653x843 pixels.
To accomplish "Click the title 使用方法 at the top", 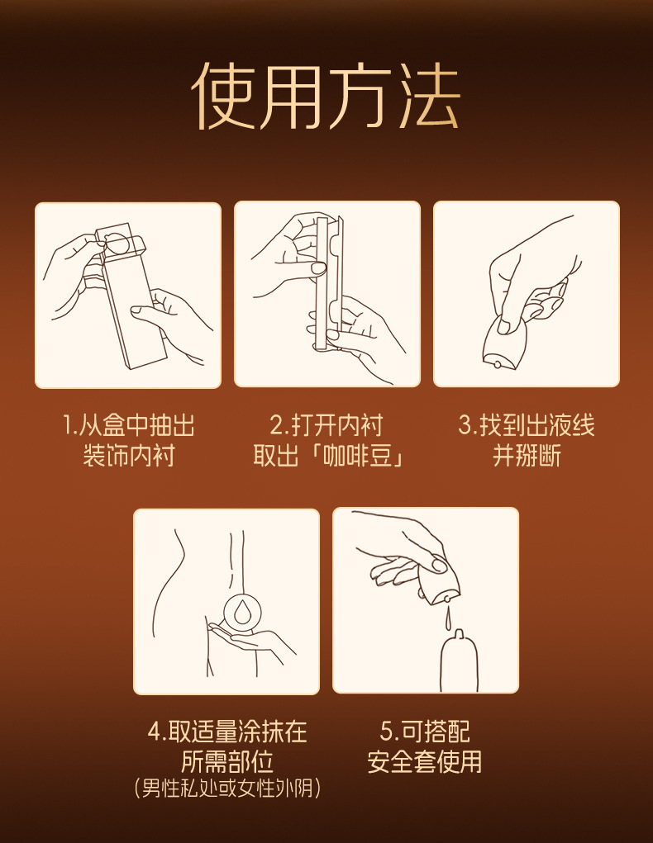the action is [326, 96].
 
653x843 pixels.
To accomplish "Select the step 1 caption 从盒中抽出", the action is [136, 425].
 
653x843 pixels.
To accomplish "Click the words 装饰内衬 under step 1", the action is [129, 456].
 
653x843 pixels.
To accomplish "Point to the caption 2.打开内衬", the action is [326, 425].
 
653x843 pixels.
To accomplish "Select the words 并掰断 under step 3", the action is [527, 456].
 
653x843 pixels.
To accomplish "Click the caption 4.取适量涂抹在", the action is [227, 732].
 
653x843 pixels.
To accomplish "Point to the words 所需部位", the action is [227, 761].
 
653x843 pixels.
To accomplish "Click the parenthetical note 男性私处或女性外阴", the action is [227, 789].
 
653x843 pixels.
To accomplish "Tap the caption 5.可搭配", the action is [425, 732].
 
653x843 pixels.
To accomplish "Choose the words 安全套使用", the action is [425, 761].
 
